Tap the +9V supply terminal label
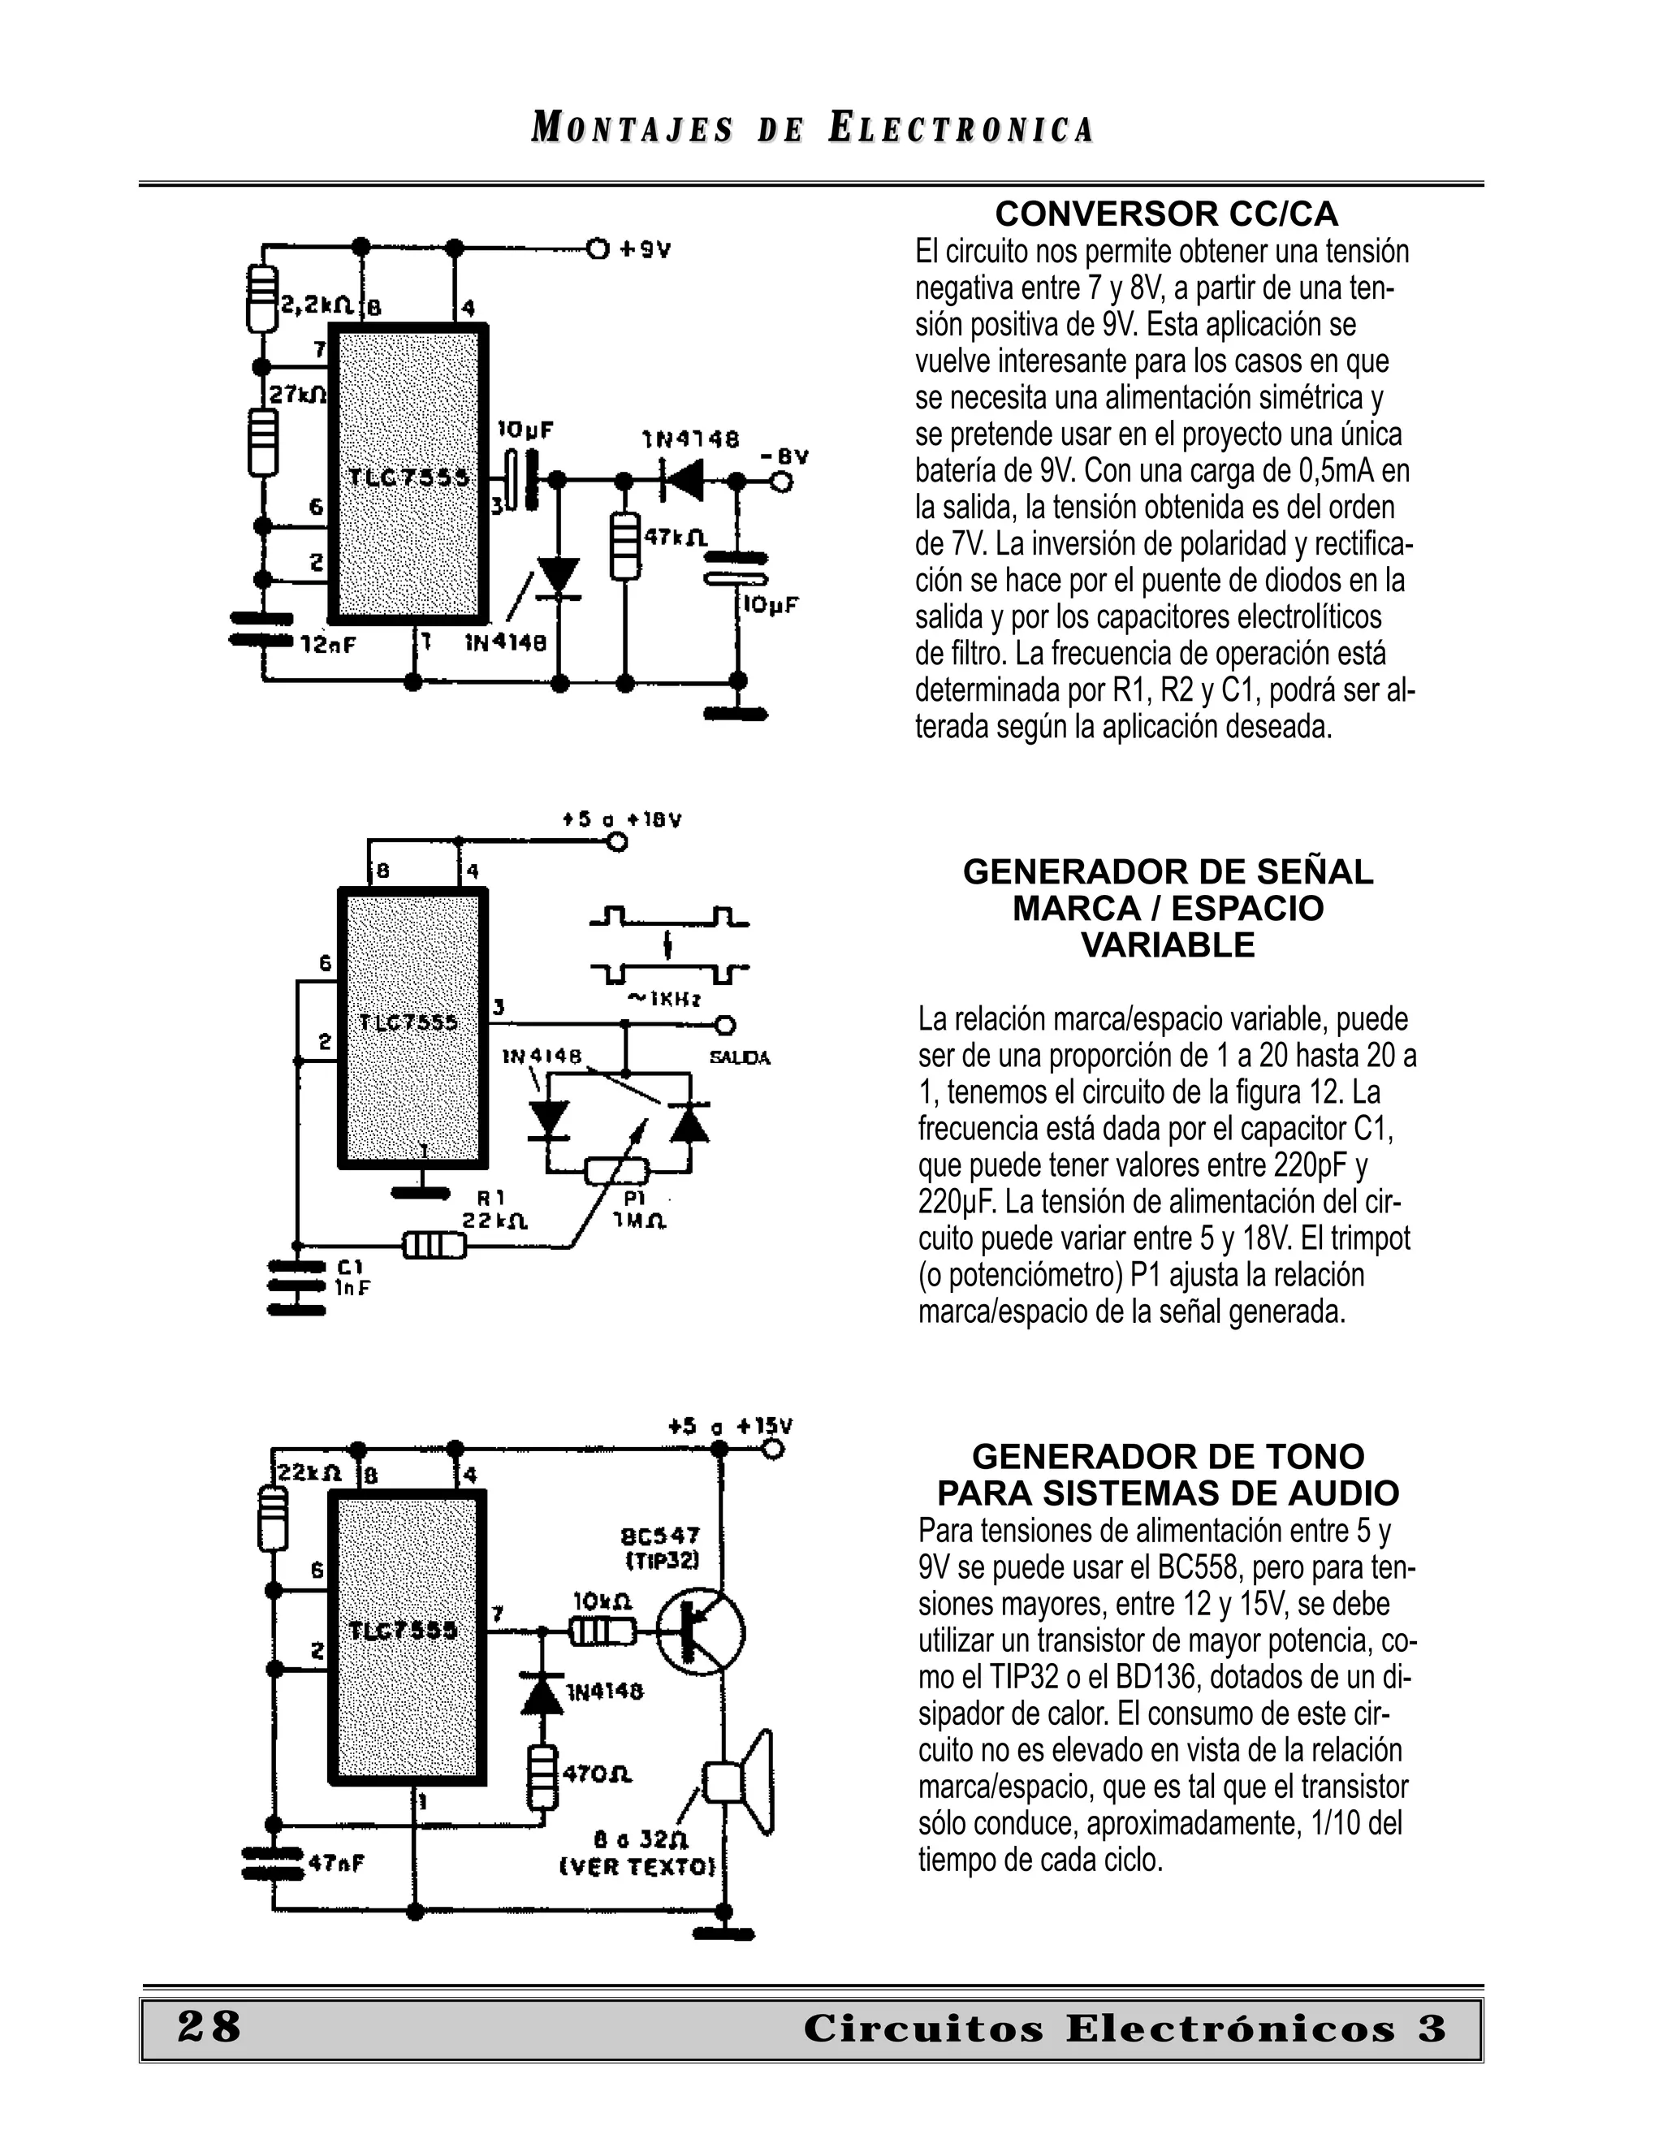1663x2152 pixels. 646,249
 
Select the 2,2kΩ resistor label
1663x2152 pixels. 317,305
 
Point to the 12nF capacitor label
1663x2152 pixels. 328,646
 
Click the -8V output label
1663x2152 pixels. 784,456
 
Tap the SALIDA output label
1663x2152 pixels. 740,1058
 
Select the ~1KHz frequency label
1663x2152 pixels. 664,999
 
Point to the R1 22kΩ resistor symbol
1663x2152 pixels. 434,1247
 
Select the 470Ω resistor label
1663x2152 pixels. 597,1774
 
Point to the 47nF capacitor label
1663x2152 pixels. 337,1862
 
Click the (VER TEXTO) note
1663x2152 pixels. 637,1866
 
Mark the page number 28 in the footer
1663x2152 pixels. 209,2027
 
